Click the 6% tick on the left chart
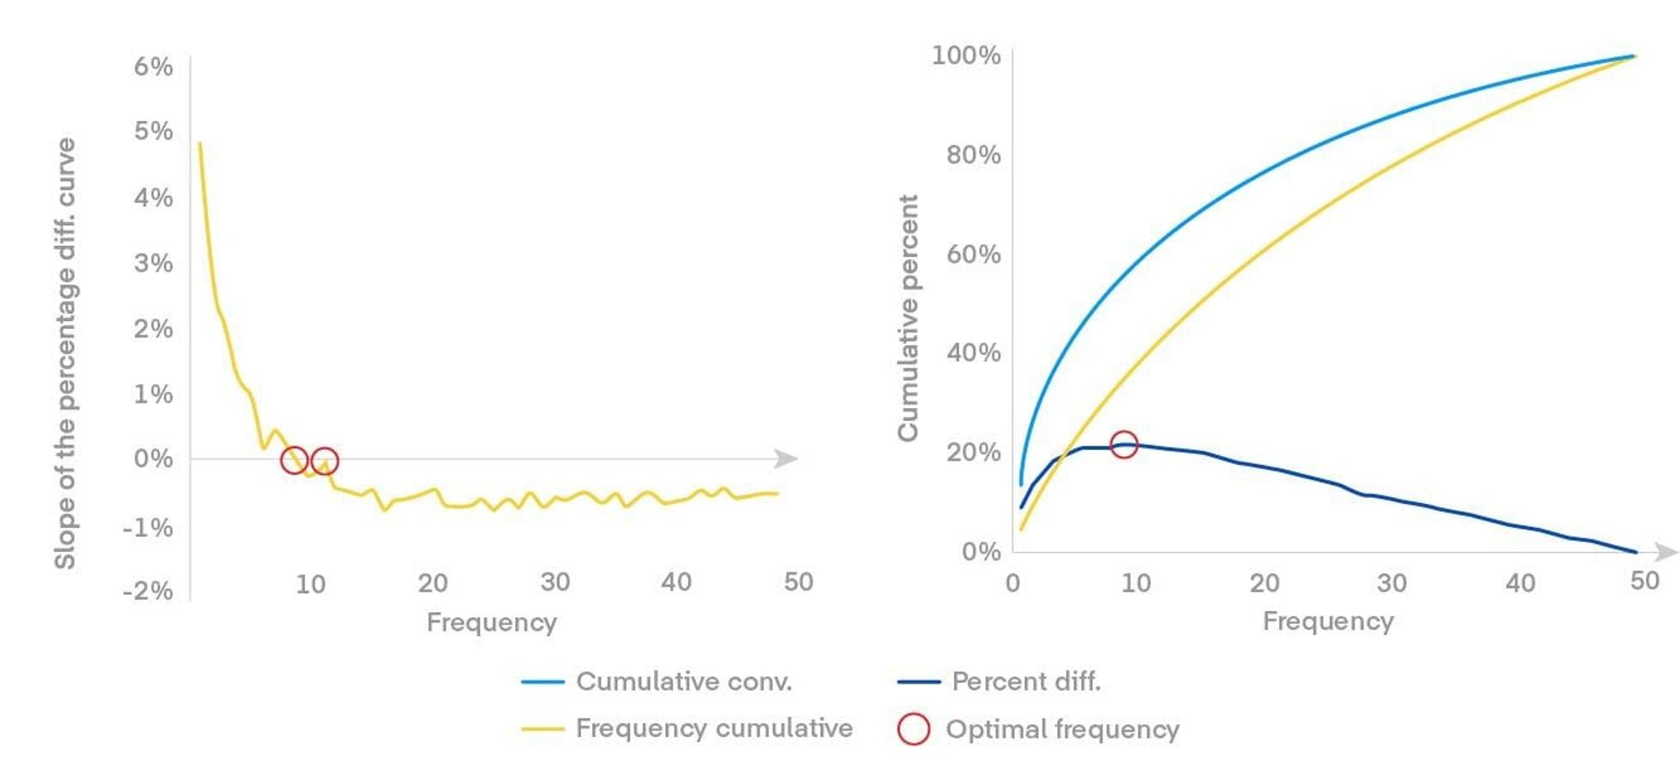pyautogui.click(x=153, y=67)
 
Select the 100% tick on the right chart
pyautogui.click(x=966, y=56)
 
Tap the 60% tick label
pyautogui.click(x=973, y=255)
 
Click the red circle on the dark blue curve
pyautogui.click(x=1123, y=444)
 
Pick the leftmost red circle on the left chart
pyautogui.click(x=294, y=460)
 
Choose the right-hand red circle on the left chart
pyautogui.click(x=324, y=461)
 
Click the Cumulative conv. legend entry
pyautogui.click(x=683, y=682)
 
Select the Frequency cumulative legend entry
pyautogui.click(x=713, y=728)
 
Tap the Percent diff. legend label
pyautogui.click(x=1025, y=682)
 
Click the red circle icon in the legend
pyautogui.click(x=914, y=729)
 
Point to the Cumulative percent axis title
pyautogui.click(x=908, y=318)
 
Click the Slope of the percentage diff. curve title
pyautogui.click(x=65, y=353)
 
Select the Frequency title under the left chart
pyautogui.click(x=491, y=622)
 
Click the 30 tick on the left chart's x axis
pyautogui.click(x=555, y=583)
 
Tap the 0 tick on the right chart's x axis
pyautogui.click(x=1013, y=584)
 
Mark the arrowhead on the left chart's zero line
pyautogui.click(x=786, y=459)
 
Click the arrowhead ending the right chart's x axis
pyautogui.click(x=1665, y=552)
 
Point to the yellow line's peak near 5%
pyautogui.click(x=200, y=143)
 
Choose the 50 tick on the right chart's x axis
pyautogui.click(x=1644, y=582)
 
